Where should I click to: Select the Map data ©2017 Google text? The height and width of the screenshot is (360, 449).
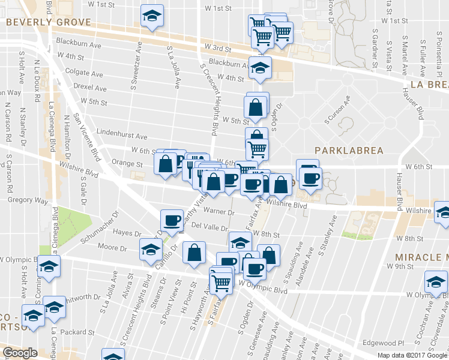coord(412,355)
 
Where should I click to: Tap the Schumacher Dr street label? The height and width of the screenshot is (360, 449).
coord(100,231)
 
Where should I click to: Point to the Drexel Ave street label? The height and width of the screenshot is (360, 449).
coord(89,88)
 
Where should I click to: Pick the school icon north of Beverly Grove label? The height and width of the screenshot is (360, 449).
coord(152,16)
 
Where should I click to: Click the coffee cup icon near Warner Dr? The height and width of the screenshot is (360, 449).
coord(172,220)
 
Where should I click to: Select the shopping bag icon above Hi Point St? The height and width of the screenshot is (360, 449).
coord(195,253)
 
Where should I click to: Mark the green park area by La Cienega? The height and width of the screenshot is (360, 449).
coord(70,222)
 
